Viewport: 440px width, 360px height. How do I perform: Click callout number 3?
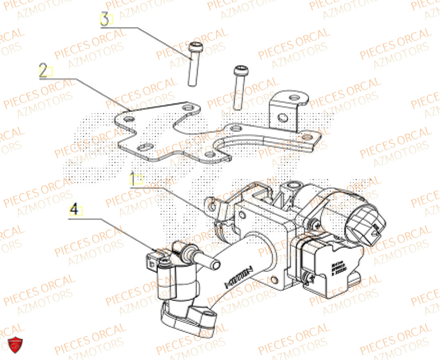[x=105, y=20]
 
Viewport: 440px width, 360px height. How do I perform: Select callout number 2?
[x=44, y=71]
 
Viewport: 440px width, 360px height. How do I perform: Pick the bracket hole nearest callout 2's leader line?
[x=129, y=119]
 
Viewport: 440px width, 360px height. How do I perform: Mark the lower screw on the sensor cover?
[x=308, y=276]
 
